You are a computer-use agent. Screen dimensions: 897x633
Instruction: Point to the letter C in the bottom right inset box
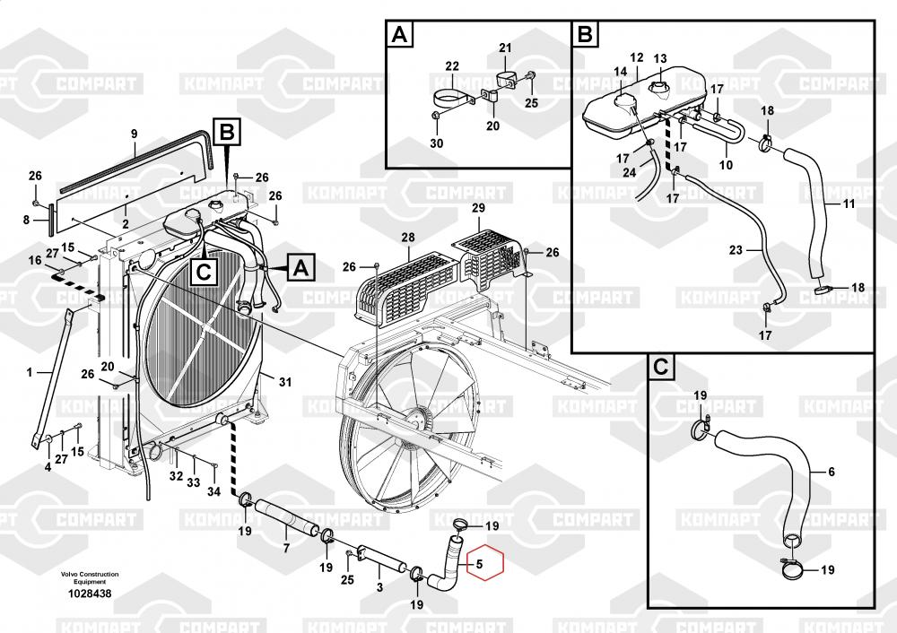[661, 367]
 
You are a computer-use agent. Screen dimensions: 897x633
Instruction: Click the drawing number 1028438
[90, 594]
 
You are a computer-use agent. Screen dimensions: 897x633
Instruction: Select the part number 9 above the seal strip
[134, 134]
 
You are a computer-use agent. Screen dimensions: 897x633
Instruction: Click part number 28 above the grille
[408, 238]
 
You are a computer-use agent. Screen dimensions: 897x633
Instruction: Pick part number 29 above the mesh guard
[478, 208]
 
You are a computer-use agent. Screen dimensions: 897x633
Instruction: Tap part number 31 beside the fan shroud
[285, 382]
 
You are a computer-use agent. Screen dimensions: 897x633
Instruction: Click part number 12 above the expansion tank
[637, 57]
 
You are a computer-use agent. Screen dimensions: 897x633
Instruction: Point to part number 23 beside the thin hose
[736, 250]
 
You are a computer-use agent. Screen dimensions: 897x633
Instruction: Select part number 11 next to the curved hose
[849, 203]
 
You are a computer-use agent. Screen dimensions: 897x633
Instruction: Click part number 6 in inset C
[832, 472]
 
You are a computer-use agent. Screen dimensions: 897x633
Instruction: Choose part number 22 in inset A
[452, 66]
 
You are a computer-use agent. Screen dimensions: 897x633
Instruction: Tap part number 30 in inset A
[437, 143]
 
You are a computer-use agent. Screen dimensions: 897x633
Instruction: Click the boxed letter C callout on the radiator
[204, 271]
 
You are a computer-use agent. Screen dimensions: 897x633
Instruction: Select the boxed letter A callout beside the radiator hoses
[300, 267]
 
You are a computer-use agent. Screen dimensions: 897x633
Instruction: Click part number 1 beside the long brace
[30, 373]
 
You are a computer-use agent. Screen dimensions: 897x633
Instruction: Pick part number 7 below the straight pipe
[286, 549]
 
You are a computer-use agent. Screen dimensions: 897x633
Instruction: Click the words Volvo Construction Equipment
[90, 577]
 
